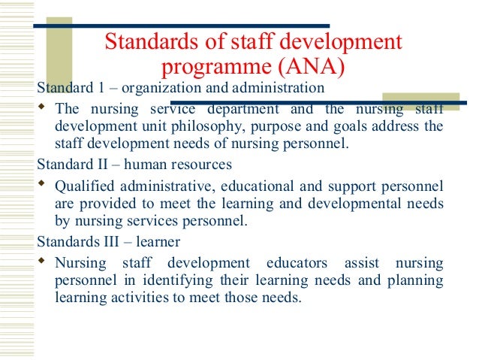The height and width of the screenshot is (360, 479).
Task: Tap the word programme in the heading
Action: coord(212,66)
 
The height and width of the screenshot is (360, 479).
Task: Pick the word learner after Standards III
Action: coord(157,242)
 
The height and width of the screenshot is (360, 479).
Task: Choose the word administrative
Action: coord(168,185)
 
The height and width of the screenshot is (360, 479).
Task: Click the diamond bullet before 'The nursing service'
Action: coord(42,107)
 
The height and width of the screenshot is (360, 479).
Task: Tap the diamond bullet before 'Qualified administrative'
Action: coord(42,184)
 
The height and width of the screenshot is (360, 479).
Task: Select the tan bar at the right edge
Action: coord(420,101)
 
